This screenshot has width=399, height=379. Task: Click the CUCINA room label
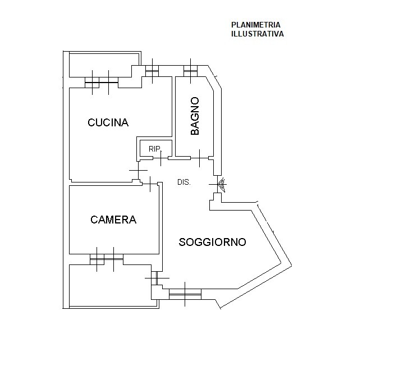(x=108, y=122)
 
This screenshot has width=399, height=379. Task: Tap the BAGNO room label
(x=195, y=116)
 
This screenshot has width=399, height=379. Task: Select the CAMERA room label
(x=113, y=220)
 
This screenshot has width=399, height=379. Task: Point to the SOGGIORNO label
(x=212, y=242)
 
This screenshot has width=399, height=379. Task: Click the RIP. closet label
(x=155, y=149)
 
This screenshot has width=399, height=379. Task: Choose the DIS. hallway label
(x=184, y=182)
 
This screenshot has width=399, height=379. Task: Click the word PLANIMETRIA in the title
(x=256, y=25)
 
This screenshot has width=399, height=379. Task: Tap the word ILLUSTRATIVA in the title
(x=257, y=34)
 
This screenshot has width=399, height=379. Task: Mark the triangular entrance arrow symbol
(x=221, y=184)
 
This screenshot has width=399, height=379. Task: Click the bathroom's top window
(x=190, y=71)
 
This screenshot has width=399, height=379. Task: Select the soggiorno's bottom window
(x=185, y=294)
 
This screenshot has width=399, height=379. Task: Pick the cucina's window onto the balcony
(x=102, y=82)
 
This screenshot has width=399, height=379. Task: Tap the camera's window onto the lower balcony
(x=107, y=259)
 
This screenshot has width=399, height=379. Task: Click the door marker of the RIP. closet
(x=160, y=158)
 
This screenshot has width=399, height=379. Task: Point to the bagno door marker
(x=200, y=158)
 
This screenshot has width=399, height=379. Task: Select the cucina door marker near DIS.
(x=138, y=170)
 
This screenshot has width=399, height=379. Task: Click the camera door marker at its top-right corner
(x=150, y=184)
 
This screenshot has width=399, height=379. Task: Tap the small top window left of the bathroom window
(x=152, y=71)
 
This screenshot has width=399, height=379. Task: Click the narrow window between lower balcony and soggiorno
(x=157, y=278)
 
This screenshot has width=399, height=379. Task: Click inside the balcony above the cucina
(x=104, y=65)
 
